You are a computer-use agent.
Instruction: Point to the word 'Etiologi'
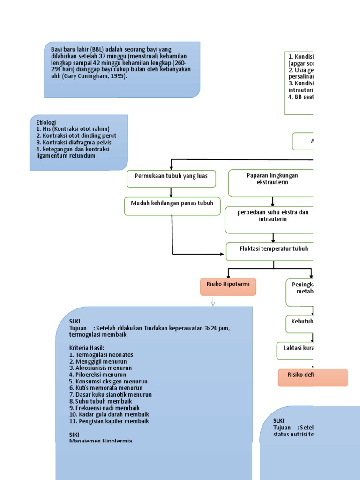coord(46,122)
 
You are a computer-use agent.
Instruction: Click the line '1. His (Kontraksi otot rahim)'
coord(72,129)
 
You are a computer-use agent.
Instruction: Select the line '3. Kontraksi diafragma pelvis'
coord(74,142)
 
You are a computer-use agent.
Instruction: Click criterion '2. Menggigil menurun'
coord(98,362)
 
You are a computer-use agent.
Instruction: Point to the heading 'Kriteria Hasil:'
coord(87,348)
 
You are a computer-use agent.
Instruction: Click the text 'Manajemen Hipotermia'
coord(101,441)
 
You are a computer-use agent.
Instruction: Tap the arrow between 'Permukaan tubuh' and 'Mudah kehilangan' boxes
coord(172,192)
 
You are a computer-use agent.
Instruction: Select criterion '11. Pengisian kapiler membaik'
coord(109,421)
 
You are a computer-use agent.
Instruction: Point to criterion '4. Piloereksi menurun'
coord(97,375)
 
